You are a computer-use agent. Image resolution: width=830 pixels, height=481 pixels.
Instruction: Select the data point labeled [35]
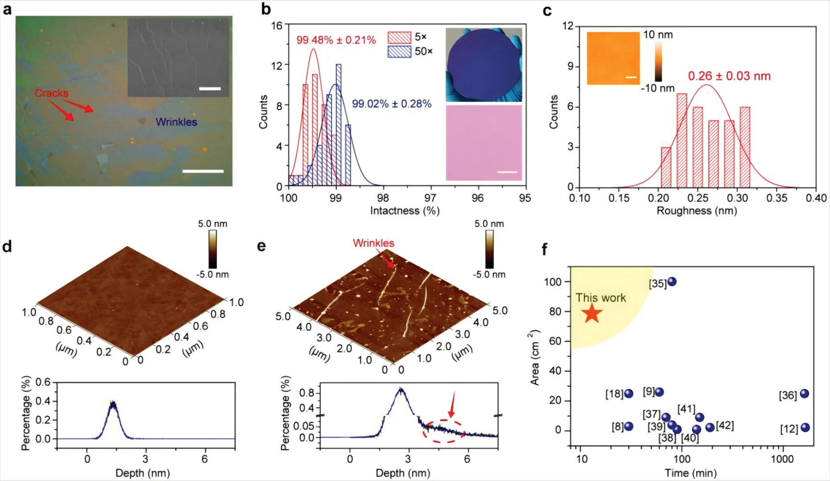(672, 281)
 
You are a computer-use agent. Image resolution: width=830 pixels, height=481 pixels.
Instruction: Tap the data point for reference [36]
(805, 394)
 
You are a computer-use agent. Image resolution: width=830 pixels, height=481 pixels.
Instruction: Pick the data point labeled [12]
(805, 428)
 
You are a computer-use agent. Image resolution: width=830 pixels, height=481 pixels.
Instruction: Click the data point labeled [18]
(629, 394)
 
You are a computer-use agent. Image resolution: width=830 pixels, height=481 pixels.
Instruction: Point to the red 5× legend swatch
(399, 37)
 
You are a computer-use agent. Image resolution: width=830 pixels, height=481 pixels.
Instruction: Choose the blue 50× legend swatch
(399, 52)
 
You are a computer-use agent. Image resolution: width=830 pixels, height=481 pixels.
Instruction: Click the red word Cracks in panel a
(52, 94)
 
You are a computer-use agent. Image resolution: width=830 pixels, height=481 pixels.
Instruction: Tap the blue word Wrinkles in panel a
(177, 122)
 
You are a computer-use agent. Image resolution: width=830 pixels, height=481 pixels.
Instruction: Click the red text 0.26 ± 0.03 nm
(729, 76)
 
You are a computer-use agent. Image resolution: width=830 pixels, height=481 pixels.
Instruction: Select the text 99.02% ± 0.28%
(392, 104)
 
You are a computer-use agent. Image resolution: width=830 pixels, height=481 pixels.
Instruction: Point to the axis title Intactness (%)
(405, 211)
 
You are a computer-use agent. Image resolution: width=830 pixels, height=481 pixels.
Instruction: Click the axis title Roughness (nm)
(697, 211)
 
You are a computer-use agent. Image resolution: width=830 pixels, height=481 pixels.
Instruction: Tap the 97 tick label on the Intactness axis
(430, 198)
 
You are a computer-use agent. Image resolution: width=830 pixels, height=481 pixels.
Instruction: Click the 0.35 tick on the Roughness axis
(777, 198)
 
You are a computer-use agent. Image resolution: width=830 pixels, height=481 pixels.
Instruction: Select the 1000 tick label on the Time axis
(782, 459)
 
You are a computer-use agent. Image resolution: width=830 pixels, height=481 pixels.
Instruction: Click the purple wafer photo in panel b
(484, 65)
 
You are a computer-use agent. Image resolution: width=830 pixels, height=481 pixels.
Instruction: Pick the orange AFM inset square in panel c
(613, 58)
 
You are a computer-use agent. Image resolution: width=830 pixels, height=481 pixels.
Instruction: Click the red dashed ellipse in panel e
(444, 431)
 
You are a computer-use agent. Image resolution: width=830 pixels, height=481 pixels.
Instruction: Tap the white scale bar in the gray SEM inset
(210, 89)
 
